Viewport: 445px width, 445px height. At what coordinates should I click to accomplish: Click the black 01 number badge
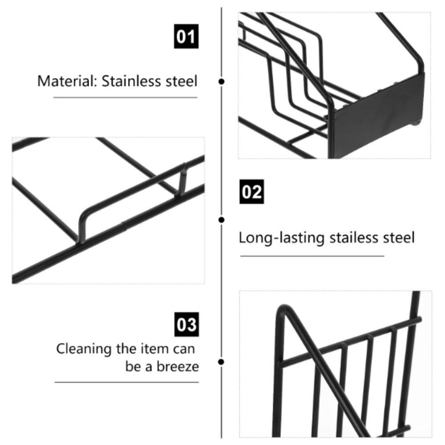[186, 36]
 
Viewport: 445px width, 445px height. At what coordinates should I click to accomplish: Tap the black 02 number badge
[252, 191]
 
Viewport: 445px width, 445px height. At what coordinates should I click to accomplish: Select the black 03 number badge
[186, 324]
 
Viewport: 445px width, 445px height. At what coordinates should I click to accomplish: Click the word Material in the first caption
[67, 81]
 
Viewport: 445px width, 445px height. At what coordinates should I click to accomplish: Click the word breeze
[178, 366]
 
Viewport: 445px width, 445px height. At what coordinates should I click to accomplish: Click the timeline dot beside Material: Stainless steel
[222, 82]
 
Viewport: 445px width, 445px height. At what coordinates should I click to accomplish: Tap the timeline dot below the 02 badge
[222, 220]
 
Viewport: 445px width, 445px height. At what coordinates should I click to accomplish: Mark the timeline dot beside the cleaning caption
[221, 362]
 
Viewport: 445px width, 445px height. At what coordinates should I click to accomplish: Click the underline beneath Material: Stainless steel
[125, 97]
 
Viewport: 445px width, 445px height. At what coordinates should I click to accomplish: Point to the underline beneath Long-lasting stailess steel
[312, 256]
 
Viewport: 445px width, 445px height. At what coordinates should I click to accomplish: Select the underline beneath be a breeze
[126, 382]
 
